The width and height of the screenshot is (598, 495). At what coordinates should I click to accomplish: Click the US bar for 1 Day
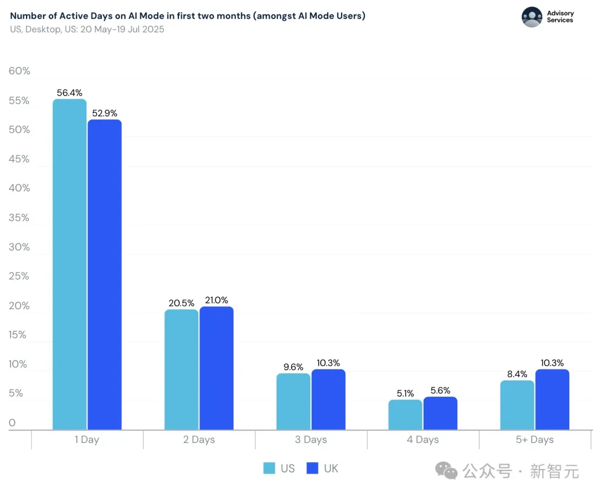click(70, 264)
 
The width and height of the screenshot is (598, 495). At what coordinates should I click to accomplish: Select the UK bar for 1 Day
click(105, 274)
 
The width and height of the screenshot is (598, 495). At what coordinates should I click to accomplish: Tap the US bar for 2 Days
click(182, 369)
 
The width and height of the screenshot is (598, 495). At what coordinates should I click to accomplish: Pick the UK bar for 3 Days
click(328, 399)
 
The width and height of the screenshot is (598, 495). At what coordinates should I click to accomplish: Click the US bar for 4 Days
click(405, 415)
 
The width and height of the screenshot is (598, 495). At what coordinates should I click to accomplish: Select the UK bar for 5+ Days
click(552, 399)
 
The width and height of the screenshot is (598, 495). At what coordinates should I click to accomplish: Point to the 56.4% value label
click(69, 92)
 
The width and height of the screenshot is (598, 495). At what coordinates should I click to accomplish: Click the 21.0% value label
click(216, 300)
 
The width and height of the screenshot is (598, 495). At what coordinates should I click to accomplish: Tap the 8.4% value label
click(517, 374)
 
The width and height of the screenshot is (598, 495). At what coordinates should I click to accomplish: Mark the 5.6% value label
click(440, 390)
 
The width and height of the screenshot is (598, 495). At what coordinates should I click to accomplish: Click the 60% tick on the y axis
click(19, 71)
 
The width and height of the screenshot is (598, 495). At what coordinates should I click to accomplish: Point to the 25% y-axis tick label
click(19, 276)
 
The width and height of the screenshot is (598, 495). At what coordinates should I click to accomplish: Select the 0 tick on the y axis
click(12, 423)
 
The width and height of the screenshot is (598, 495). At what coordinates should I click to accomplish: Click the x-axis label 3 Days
click(311, 440)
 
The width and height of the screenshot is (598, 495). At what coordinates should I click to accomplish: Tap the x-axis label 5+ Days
click(535, 440)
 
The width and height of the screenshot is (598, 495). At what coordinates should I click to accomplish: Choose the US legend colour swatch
click(269, 468)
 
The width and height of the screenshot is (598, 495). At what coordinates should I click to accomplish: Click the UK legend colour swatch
click(312, 468)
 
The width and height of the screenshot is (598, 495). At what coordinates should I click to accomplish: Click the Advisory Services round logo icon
click(532, 17)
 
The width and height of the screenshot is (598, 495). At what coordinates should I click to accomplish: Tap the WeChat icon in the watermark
click(446, 471)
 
